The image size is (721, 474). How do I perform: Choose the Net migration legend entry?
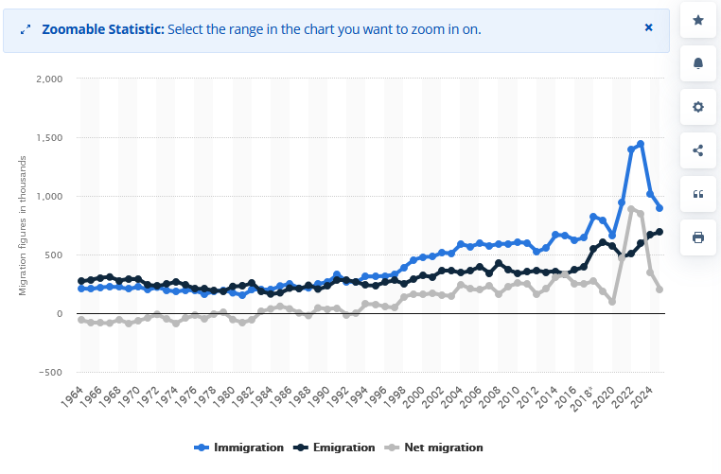pos(436,448)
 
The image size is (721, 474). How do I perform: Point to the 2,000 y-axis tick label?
pos(48,79)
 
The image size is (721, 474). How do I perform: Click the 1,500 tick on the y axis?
pos(48,137)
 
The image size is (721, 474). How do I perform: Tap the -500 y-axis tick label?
pos(51,372)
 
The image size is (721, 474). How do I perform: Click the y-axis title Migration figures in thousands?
pos(23,225)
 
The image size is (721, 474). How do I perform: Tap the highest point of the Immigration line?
pos(641,144)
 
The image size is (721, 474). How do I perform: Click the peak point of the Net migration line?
pos(631,209)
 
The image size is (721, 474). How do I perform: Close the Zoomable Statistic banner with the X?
pos(649,27)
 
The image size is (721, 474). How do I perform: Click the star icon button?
pos(698,20)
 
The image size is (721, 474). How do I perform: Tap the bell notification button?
pos(698,63)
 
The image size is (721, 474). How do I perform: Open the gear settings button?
pos(698,107)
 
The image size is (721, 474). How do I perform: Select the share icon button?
pos(698,150)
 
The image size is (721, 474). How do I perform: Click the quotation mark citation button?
pos(698,194)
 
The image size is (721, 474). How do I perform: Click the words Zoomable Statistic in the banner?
pos(103,29)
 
